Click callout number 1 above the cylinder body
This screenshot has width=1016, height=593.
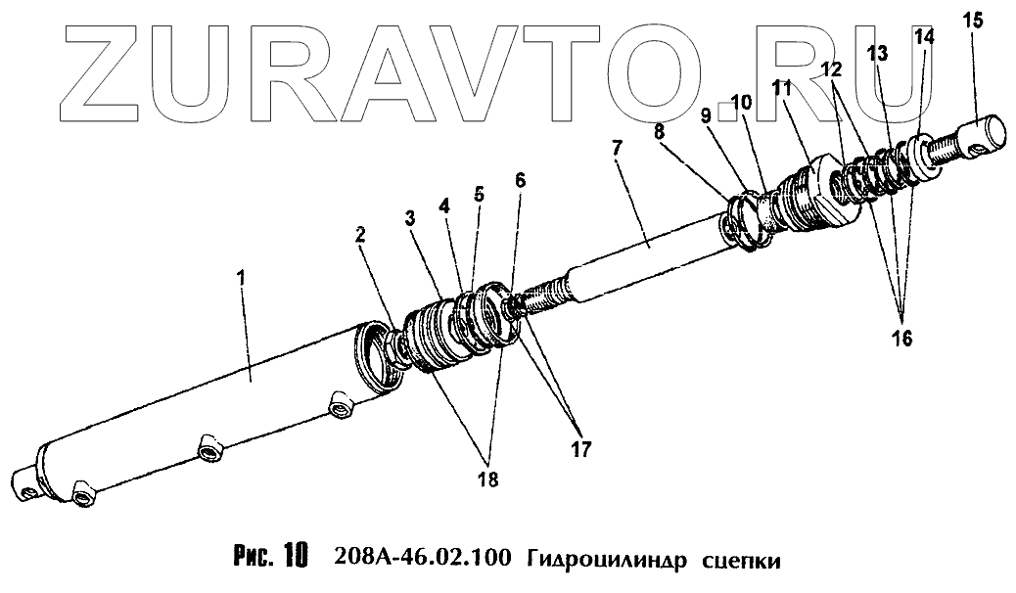(243, 279)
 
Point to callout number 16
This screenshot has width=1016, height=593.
(901, 338)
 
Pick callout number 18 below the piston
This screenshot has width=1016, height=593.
(487, 479)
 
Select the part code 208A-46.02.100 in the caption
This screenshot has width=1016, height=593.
(421, 560)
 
